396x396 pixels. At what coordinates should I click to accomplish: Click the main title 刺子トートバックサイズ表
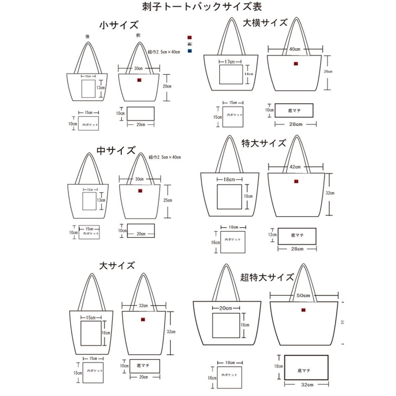202,7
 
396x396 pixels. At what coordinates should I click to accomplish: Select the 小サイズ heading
119,25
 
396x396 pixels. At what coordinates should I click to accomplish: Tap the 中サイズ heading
116,150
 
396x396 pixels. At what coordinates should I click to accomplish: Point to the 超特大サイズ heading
267,277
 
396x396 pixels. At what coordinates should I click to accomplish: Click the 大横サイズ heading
265,23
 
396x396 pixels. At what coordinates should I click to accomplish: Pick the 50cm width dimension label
303,295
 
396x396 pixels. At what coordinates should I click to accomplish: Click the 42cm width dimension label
295,167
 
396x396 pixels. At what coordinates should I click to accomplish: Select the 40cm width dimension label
295,49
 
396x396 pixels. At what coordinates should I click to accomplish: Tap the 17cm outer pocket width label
229,62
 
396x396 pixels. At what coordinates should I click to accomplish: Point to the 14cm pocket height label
248,74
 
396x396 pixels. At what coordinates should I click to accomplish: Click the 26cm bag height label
328,72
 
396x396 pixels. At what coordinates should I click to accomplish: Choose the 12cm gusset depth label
272,235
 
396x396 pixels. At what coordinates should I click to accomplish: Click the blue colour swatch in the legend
190,51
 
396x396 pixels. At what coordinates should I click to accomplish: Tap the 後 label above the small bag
87,37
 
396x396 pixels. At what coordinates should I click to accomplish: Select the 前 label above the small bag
138,35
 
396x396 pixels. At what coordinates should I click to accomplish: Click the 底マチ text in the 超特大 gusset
304,371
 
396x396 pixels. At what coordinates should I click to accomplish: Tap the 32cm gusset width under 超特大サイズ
307,384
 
